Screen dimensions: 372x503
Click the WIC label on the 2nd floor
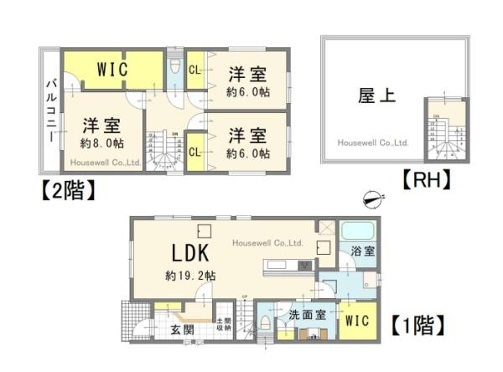pyautogui.click(x=111, y=70)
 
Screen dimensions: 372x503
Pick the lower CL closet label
pyautogui.click(x=193, y=152)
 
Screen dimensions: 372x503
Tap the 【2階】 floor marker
pyautogui.click(x=62, y=190)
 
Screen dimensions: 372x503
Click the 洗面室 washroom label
pyautogui.click(x=306, y=316)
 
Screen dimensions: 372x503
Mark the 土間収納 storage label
pyautogui.click(x=224, y=325)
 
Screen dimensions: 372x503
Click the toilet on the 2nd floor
pyautogui.click(x=175, y=67)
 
